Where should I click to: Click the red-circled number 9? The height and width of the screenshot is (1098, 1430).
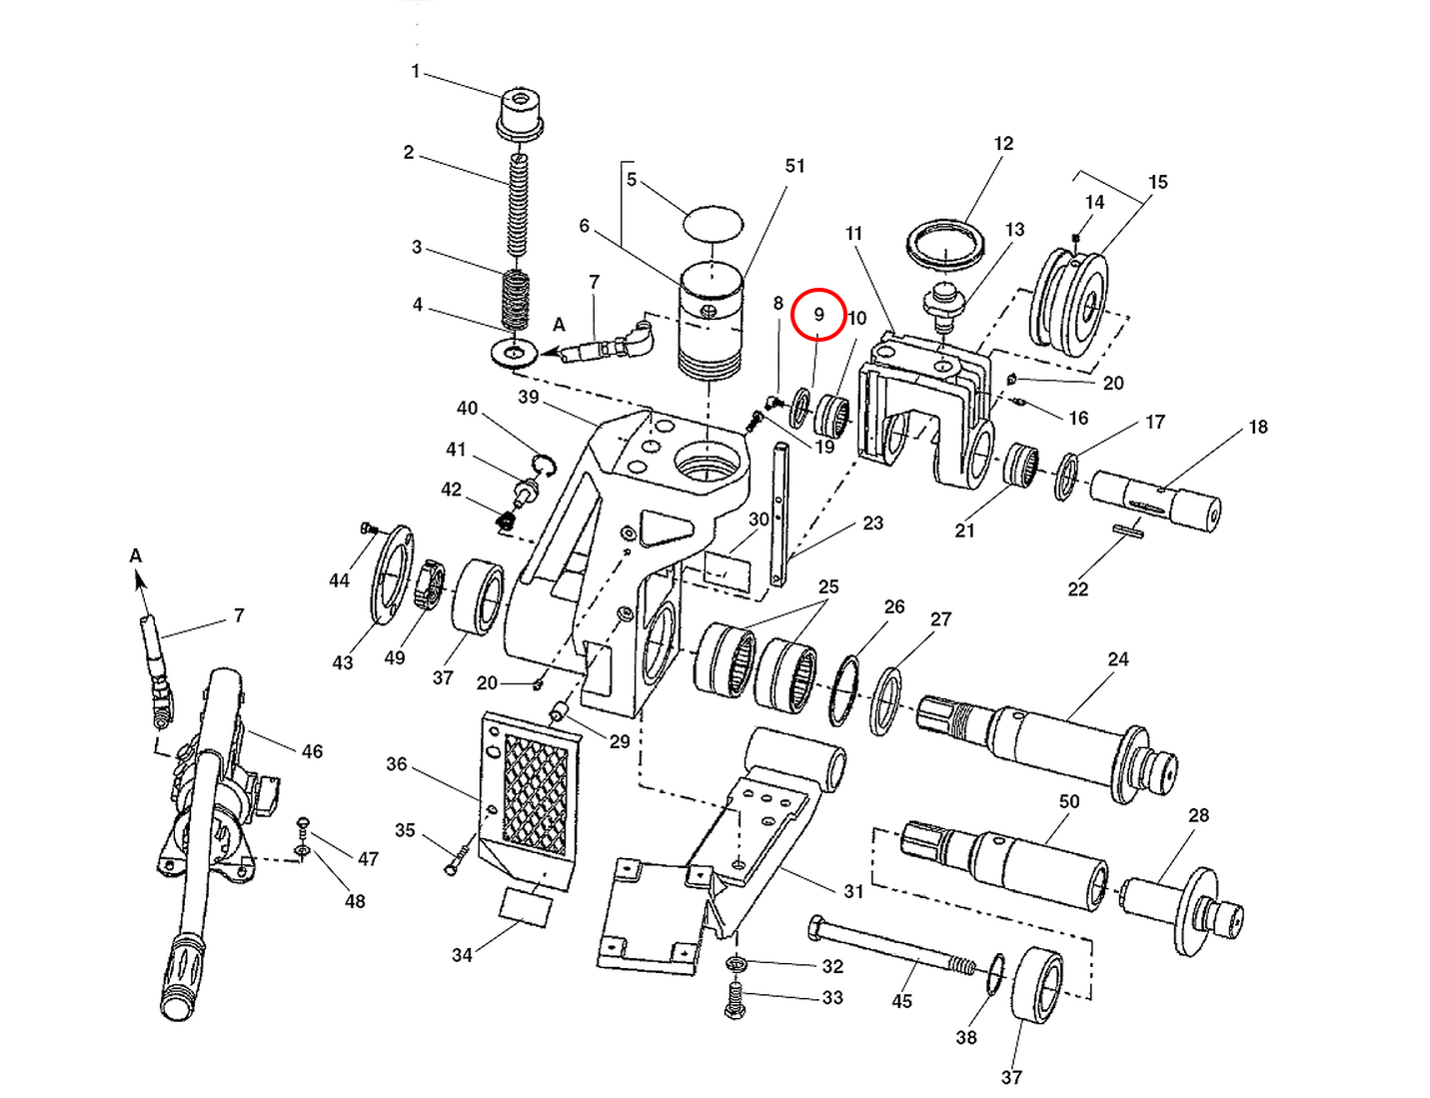[818, 314]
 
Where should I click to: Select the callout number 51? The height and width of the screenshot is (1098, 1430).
[794, 166]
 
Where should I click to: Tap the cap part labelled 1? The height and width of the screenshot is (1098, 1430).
[520, 112]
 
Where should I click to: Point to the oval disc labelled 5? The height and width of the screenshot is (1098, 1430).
[713, 222]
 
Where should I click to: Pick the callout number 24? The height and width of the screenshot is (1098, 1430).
[1118, 659]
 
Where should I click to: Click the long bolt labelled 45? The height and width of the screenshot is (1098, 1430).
[889, 948]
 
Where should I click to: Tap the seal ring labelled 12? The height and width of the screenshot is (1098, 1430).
[945, 243]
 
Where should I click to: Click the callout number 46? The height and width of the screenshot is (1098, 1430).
[312, 751]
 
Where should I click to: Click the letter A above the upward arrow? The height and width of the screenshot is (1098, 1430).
[136, 556]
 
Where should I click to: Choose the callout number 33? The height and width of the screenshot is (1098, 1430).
[832, 997]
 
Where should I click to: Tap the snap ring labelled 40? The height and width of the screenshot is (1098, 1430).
[544, 465]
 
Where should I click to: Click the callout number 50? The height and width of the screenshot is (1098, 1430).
[1069, 801]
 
